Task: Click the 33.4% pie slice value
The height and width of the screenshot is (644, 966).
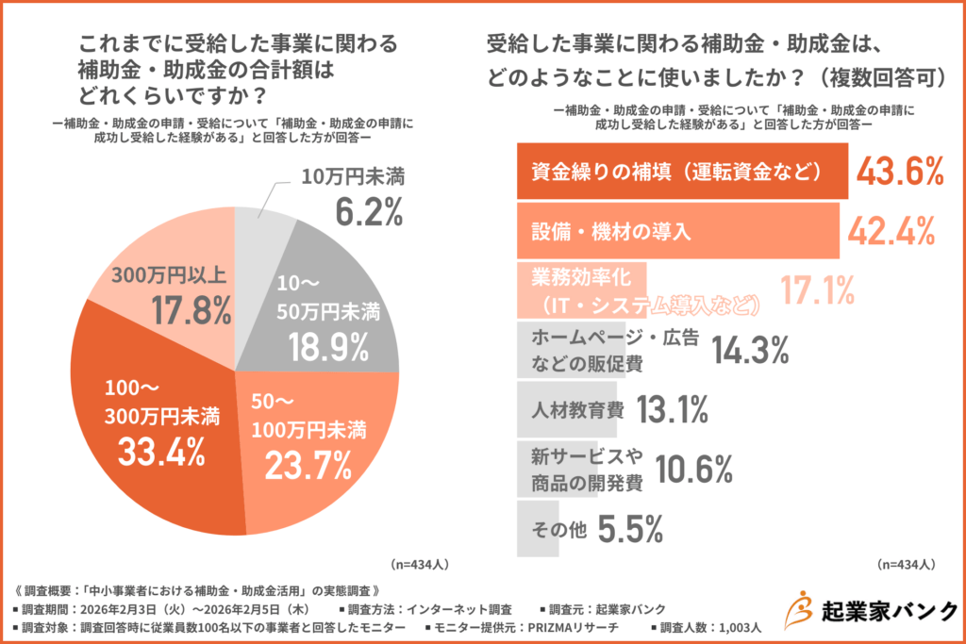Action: point(161,452)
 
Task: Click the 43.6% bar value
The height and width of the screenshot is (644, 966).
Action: point(900,172)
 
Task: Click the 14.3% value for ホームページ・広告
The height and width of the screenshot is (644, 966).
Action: point(750,350)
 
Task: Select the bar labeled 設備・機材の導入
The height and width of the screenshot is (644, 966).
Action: point(677,231)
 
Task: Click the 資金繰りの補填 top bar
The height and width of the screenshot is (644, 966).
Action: point(682,172)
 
